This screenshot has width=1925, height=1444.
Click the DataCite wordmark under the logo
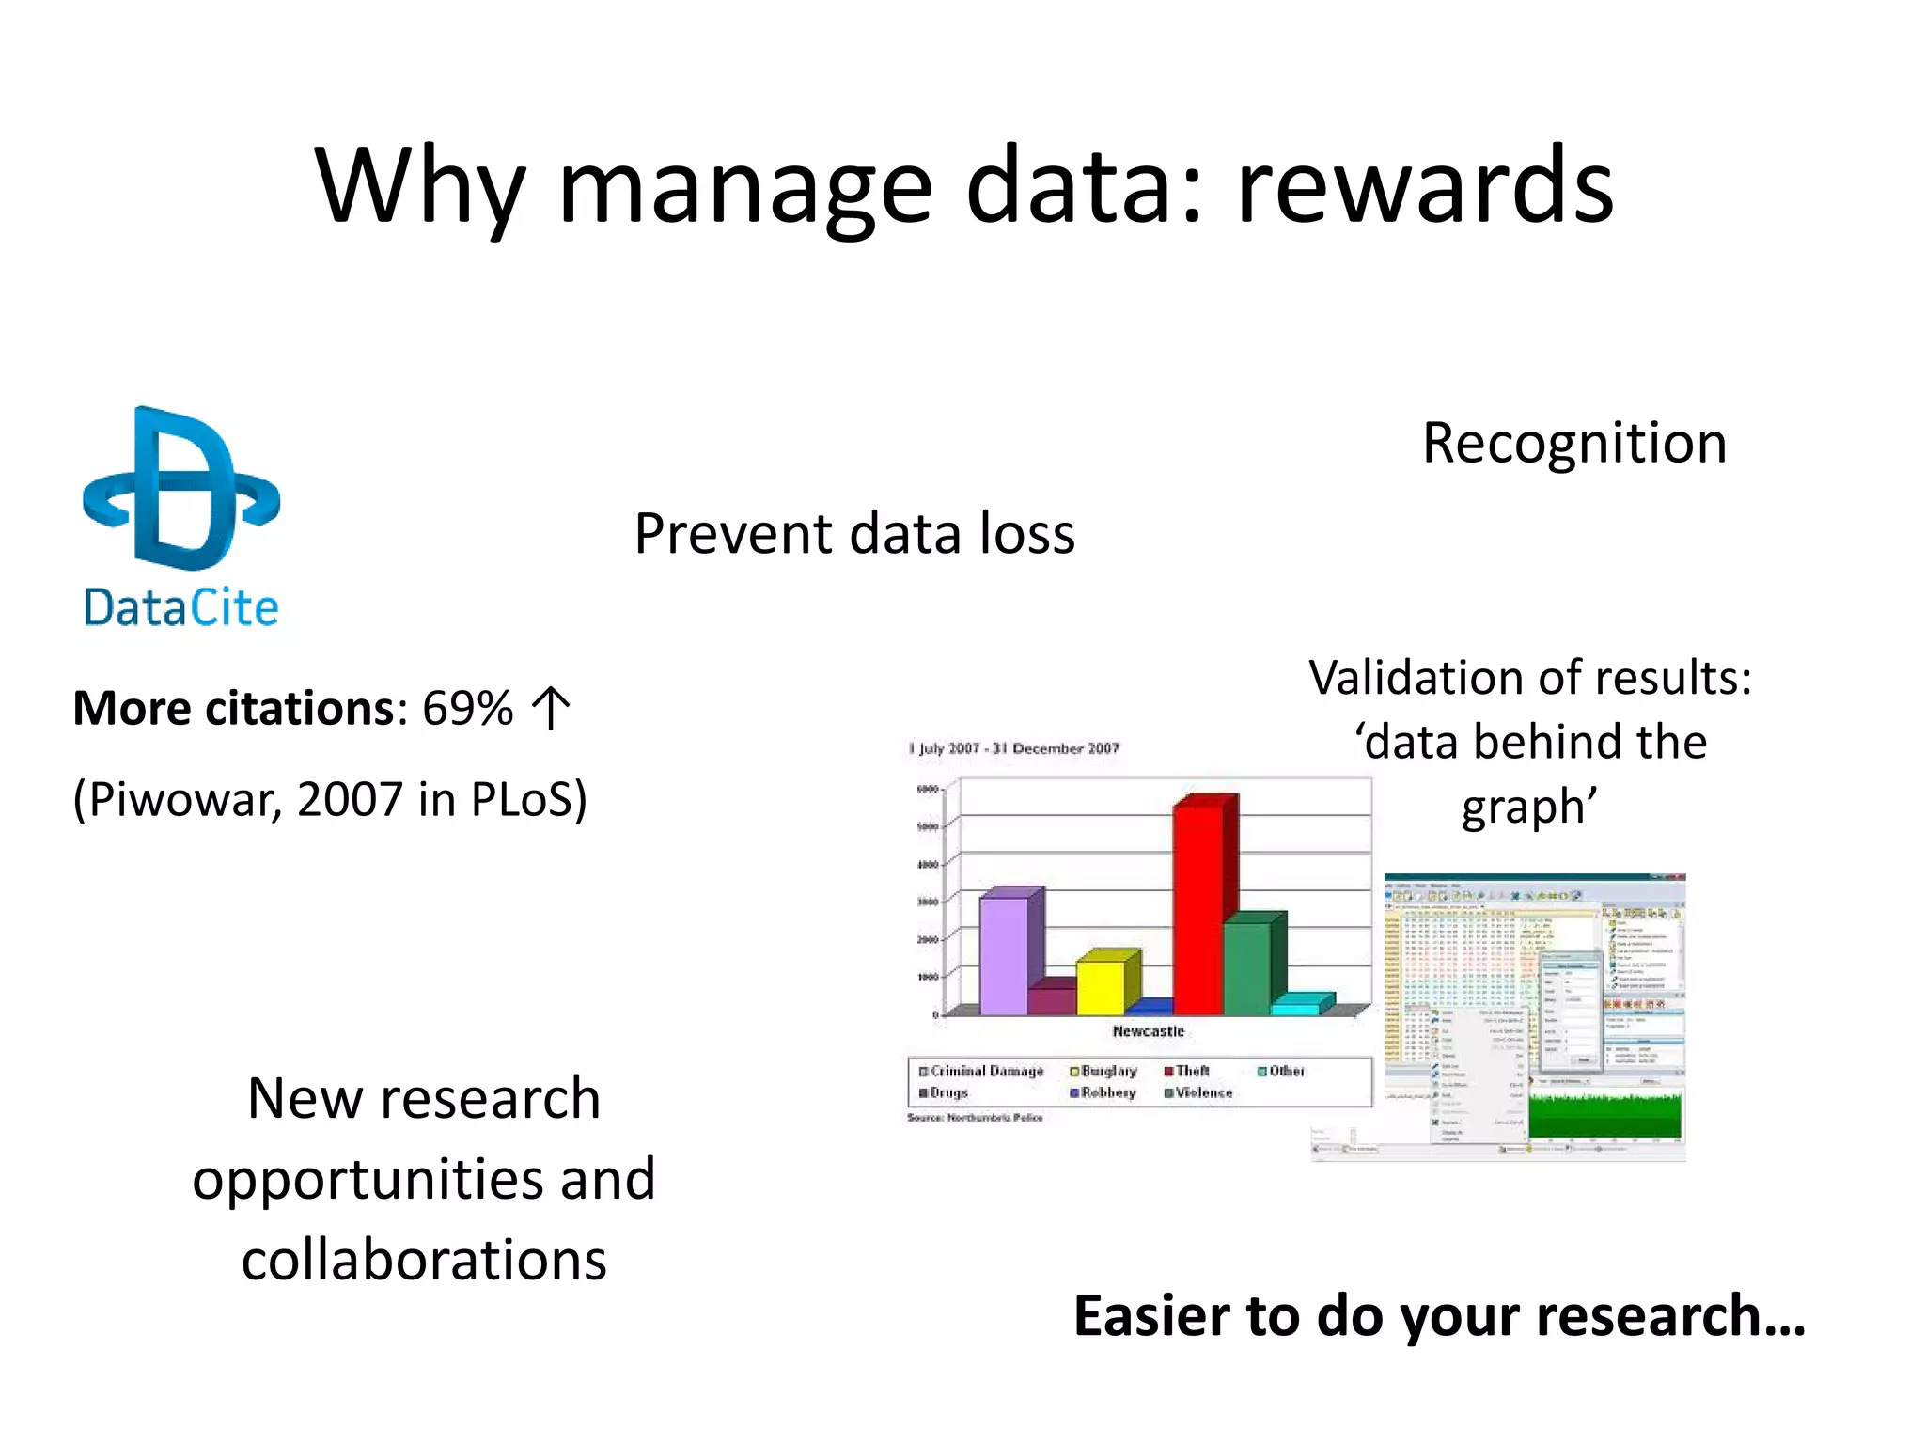tap(181, 607)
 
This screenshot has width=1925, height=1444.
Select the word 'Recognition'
tap(1574, 443)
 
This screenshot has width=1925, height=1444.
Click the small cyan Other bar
tap(1295, 1008)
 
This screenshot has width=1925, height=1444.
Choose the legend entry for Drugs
tap(944, 1092)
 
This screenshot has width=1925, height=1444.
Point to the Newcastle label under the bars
tap(1148, 1031)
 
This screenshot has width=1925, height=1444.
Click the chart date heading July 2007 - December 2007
tap(1014, 748)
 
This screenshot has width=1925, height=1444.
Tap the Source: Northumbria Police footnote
tap(975, 1118)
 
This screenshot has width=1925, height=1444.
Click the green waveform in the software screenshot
tap(1604, 1118)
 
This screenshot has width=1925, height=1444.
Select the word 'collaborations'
tap(424, 1260)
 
